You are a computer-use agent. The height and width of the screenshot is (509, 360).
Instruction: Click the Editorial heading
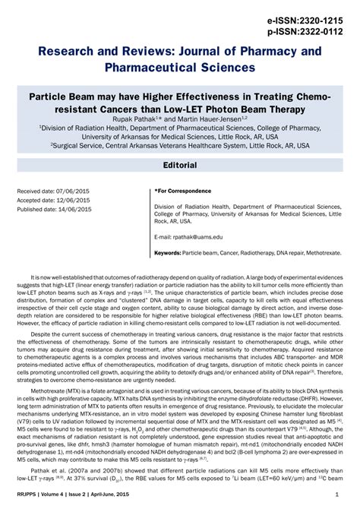click(180, 165)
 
